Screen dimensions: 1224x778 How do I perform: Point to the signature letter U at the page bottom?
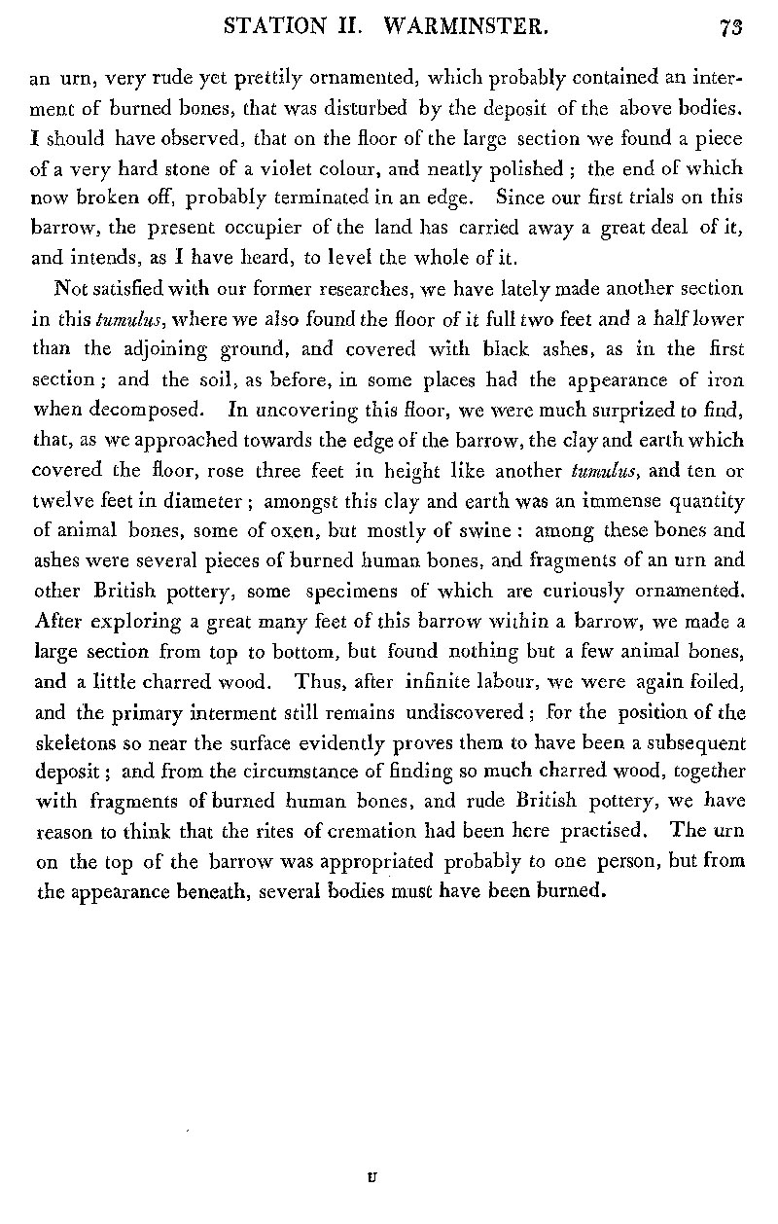372,1176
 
